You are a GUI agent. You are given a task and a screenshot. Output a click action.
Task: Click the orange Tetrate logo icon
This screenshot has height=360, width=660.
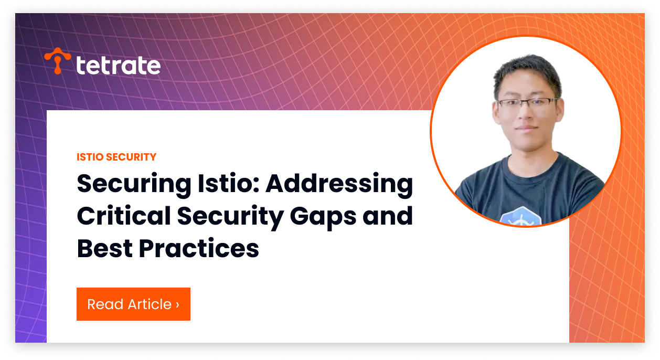[58, 60]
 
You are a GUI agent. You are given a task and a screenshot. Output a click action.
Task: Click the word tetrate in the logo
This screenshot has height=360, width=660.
[119, 65]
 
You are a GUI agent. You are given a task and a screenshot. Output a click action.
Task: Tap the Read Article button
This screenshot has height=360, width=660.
[133, 304]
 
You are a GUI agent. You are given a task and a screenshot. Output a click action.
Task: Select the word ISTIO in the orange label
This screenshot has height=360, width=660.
[90, 157]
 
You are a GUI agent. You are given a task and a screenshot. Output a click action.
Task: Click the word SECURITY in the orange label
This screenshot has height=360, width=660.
[131, 157]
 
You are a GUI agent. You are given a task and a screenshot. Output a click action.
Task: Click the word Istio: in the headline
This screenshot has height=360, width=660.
[228, 183]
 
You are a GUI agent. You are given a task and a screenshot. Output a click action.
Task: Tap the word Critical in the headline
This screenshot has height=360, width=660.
[124, 216]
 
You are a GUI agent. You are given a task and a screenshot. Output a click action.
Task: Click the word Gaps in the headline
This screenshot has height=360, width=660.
[323, 218]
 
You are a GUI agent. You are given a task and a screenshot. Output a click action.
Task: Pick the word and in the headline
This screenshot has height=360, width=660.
[388, 216]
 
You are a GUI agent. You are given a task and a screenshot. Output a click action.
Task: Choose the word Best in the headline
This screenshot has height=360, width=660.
[104, 248]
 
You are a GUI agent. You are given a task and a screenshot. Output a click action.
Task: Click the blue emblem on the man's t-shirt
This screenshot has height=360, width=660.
[521, 216]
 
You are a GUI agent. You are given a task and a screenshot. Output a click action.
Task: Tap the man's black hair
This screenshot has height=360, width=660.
[527, 71]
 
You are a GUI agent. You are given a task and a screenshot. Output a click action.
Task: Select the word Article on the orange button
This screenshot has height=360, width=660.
[150, 304]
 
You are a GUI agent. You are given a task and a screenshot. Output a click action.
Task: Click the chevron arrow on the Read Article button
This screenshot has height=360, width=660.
[177, 305]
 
